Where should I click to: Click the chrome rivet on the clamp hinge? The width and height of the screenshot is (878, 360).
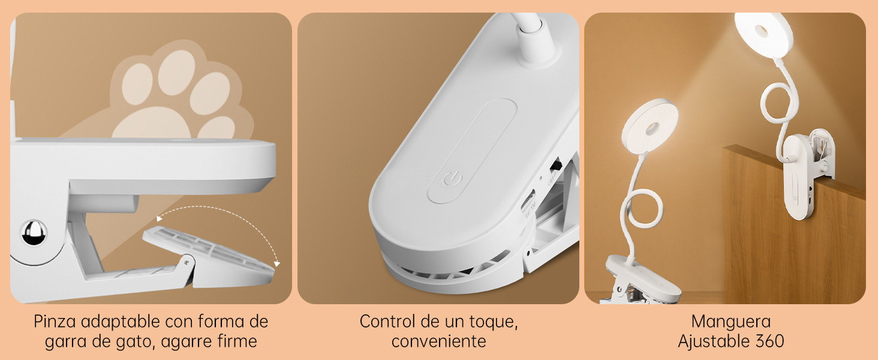[34, 233]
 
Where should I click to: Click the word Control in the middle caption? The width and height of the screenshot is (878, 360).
[388, 322]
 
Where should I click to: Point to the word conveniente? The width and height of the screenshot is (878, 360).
[438, 342]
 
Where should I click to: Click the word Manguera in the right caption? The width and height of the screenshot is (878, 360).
[730, 322]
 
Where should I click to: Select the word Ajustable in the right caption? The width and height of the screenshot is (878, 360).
[712, 342]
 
